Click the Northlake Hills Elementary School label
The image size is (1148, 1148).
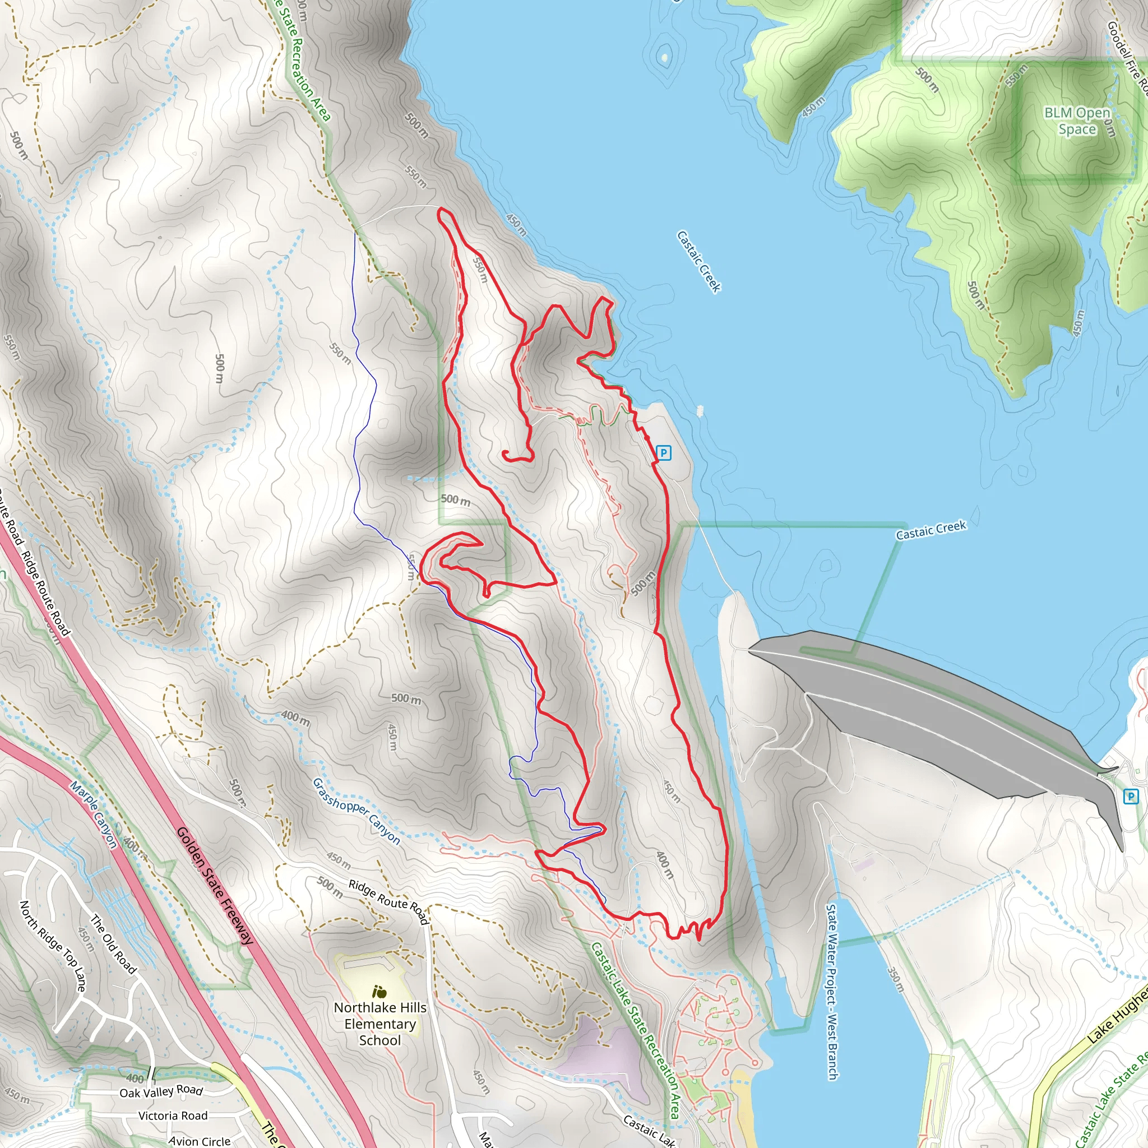pyautogui.click(x=379, y=1024)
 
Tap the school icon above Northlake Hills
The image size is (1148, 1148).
pyautogui.click(x=379, y=991)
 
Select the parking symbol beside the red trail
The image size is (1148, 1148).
pyautogui.click(x=663, y=453)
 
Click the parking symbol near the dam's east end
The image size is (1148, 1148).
pyautogui.click(x=1130, y=797)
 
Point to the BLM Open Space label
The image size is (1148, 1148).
pyautogui.click(x=1077, y=121)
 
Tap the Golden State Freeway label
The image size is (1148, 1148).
pyautogui.click(x=215, y=885)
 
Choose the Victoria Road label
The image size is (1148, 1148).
pyautogui.click(x=173, y=1116)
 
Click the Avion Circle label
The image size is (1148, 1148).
pyautogui.click(x=199, y=1141)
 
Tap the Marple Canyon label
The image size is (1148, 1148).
pyautogui.click(x=93, y=814)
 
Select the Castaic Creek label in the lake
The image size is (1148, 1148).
pyautogui.click(x=699, y=261)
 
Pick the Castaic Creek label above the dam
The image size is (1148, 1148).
pyautogui.click(x=931, y=530)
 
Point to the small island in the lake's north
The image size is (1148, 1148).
pyautogui.click(x=664, y=58)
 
